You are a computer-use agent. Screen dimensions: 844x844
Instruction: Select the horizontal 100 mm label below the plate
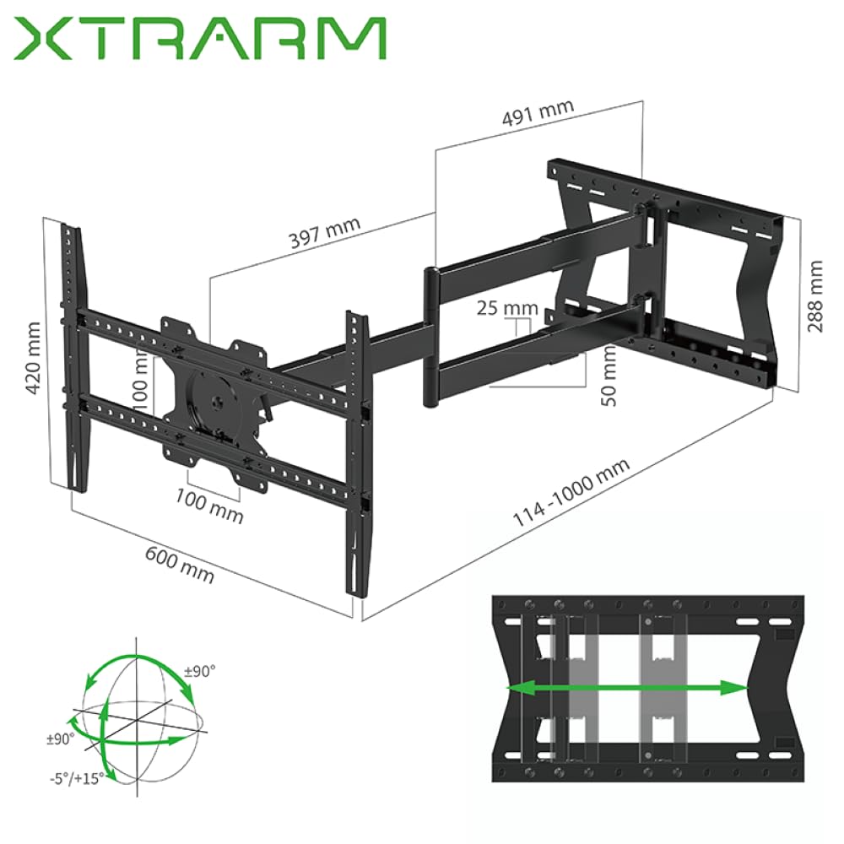point(208,505)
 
